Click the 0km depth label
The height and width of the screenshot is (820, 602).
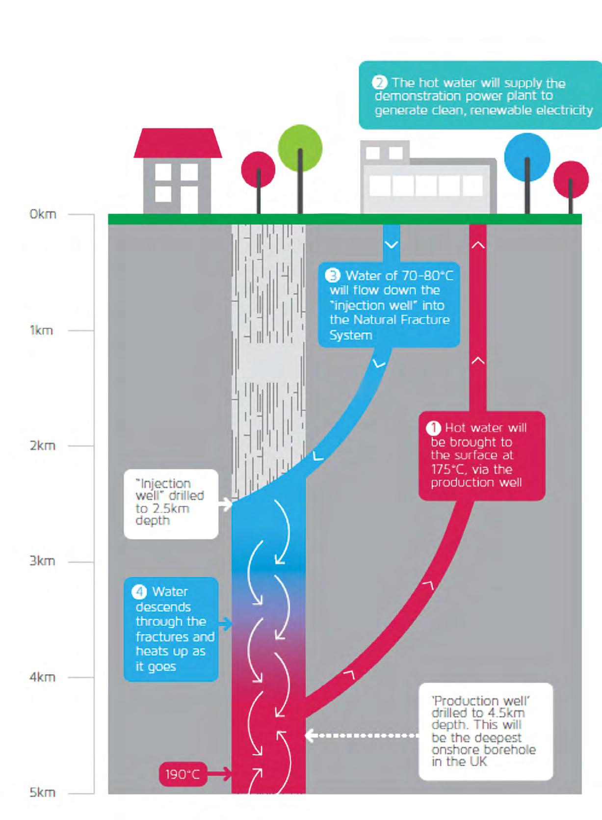pyautogui.click(x=43, y=214)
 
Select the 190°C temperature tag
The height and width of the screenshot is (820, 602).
pyautogui.click(x=183, y=775)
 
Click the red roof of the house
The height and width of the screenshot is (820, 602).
pyautogui.click(x=178, y=143)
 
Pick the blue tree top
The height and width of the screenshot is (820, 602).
pyautogui.click(x=527, y=156)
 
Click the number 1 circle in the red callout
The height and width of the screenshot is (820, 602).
pyautogui.click(x=434, y=428)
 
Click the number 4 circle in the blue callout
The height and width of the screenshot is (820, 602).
pyautogui.click(x=139, y=592)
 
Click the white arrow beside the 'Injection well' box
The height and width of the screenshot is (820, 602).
pyautogui.click(x=225, y=503)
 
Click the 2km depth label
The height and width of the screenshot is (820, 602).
pyautogui.click(x=42, y=446)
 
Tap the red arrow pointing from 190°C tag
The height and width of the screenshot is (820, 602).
pyautogui.click(x=219, y=775)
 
